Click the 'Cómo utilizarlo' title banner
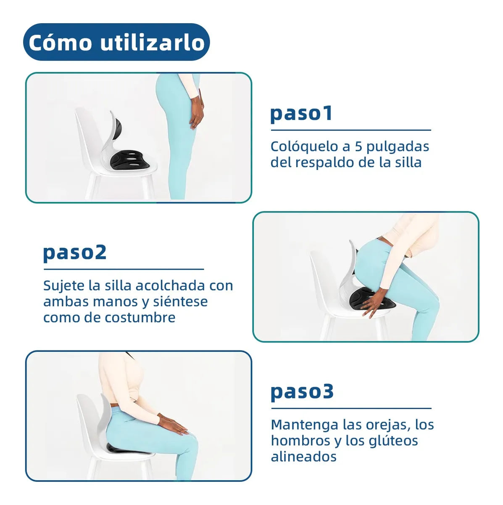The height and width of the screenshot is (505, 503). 116,42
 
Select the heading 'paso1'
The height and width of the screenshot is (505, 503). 301,113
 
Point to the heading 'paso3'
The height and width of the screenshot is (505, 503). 302,391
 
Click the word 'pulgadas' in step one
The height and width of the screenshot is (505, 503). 398,146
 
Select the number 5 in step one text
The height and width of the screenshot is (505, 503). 358,146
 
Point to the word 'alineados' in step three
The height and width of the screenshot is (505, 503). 303,457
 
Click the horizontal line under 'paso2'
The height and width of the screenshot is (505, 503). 123,269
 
